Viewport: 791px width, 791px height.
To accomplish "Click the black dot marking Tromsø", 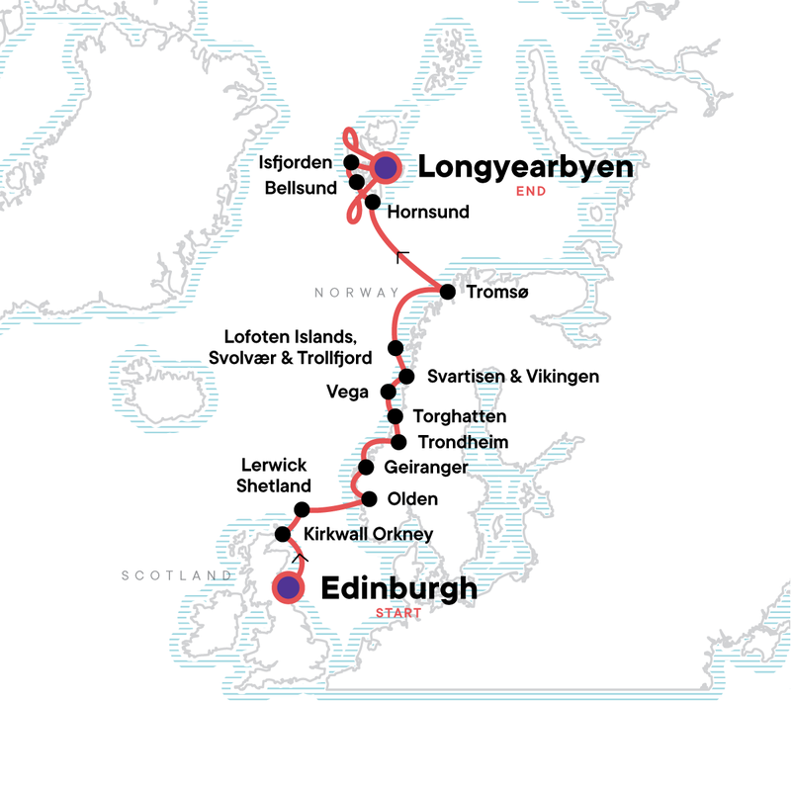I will (447, 292).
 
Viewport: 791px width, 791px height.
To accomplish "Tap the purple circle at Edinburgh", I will (288, 588).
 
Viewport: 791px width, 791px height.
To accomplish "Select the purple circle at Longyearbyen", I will (385, 168).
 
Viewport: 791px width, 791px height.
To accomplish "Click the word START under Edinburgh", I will (398, 614).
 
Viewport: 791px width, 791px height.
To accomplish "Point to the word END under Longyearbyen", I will (531, 194).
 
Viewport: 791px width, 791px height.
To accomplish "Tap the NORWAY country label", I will (356, 293).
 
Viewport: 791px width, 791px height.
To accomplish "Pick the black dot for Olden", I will (370, 499).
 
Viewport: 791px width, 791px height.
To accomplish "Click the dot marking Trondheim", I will (398, 441).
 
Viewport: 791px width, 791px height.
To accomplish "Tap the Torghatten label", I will (459, 417).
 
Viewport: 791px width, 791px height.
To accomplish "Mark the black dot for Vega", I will (388, 392).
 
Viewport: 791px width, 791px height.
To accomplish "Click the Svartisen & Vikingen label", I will (513, 377).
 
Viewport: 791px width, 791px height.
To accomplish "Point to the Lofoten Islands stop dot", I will (395, 348).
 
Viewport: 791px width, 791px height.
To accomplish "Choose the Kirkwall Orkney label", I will (369, 534).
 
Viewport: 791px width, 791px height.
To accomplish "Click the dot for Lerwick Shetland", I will (303, 510).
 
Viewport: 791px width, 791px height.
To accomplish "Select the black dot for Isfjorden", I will (351, 162).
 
